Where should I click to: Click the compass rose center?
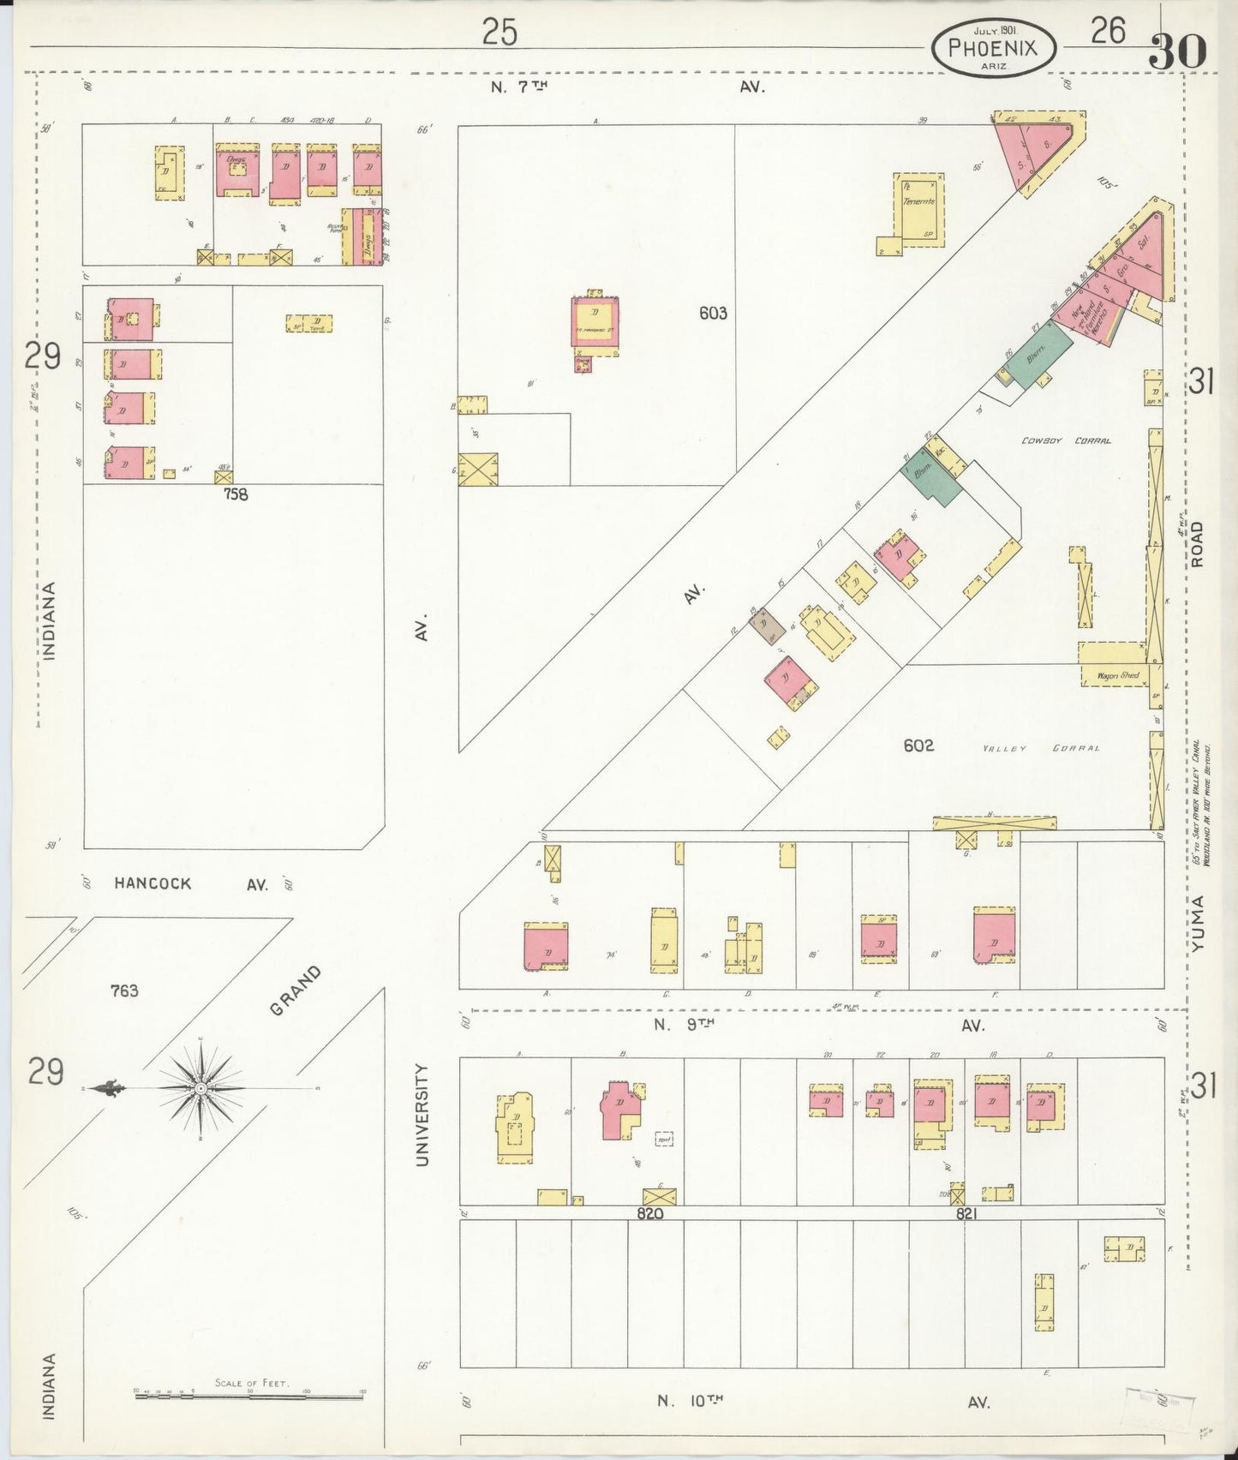click(200, 1087)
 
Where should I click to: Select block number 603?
click(713, 314)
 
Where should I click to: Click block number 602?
click(918, 745)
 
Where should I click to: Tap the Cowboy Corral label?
click(1066, 440)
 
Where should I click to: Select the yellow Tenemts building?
click(919, 209)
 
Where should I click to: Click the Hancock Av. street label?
click(191, 883)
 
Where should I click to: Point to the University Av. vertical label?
click(422, 1114)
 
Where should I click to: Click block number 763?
click(124, 990)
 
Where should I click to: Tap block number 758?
click(236, 494)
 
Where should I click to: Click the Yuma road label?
click(1197, 923)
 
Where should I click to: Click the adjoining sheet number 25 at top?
click(499, 33)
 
